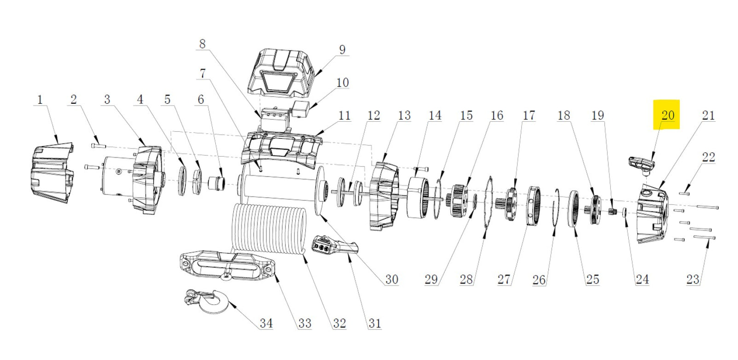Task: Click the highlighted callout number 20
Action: (x=667, y=115)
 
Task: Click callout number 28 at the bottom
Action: (x=466, y=279)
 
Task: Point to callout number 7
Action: (x=202, y=73)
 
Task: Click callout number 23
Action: (x=692, y=279)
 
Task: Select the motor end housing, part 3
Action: (x=148, y=180)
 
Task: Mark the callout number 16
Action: (x=496, y=115)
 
